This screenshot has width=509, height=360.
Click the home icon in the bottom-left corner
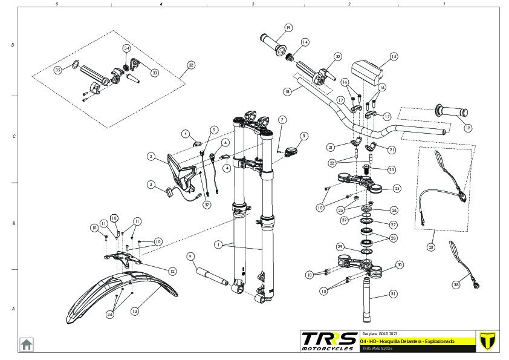click(x=27, y=344)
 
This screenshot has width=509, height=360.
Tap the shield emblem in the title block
click(x=485, y=341)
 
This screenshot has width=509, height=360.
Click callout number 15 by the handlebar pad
click(x=394, y=57)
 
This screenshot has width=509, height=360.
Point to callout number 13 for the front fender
click(x=135, y=311)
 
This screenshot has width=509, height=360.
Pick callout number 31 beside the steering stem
click(x=394, y=294)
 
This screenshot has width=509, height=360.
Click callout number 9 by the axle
click(x=190, y=256)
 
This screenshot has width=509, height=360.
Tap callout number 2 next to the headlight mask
click(x=151, y=156)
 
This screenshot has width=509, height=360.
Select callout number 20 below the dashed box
click(x=430, y=247)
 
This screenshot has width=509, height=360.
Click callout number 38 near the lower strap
click(x=456, y=284)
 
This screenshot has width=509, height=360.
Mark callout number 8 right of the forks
click(x=303, y=136)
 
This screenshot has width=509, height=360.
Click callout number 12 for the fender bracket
click(x=172, y=272)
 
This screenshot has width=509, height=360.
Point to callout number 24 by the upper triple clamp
click(x=397, y=188)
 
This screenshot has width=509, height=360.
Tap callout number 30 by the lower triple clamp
click(x=399, y=265)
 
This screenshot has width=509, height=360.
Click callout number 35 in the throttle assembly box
click(x=58, y=70)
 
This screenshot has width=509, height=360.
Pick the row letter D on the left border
click(x=13, y=46)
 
